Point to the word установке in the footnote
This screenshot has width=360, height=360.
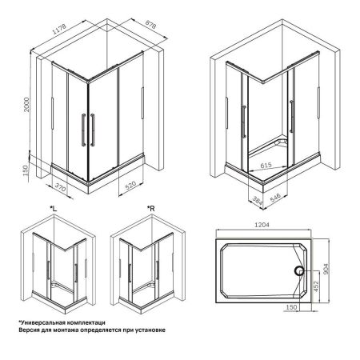tap(146, 330)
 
